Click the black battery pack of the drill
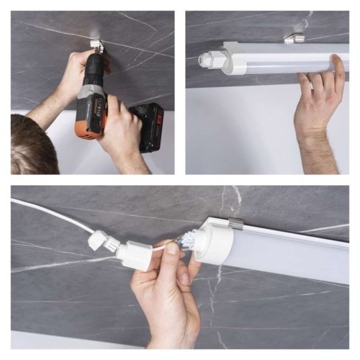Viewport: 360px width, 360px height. click(x=149, y=127)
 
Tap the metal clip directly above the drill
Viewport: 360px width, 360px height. click(x=96, y=47)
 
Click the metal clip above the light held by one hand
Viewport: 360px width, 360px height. click(x=293, y=37)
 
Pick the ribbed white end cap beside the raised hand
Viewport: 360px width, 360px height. click(x=214, y=58)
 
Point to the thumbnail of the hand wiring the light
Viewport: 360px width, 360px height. click(x=181, y=277)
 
